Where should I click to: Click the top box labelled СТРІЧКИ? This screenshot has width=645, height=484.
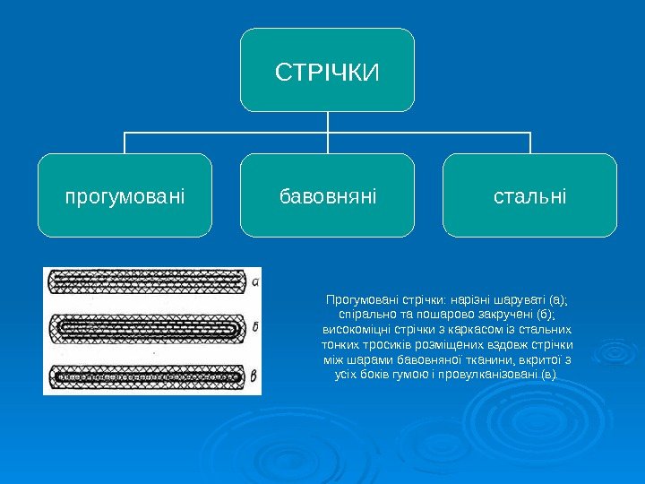pyautogui.click(x=328, y=70)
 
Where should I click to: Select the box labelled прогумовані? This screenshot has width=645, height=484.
pyautogui.click(x=125, y=195)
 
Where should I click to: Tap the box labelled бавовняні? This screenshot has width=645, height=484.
pyautogui.click(x=328, y=195)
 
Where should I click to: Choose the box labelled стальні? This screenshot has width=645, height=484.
pyautogui.click(x=530, y=195)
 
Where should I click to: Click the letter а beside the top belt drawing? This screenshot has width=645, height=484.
pyautogui.click(x=255, y=281)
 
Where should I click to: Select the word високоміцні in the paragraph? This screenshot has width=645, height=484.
pyautogui.click(x=351, y=330)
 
